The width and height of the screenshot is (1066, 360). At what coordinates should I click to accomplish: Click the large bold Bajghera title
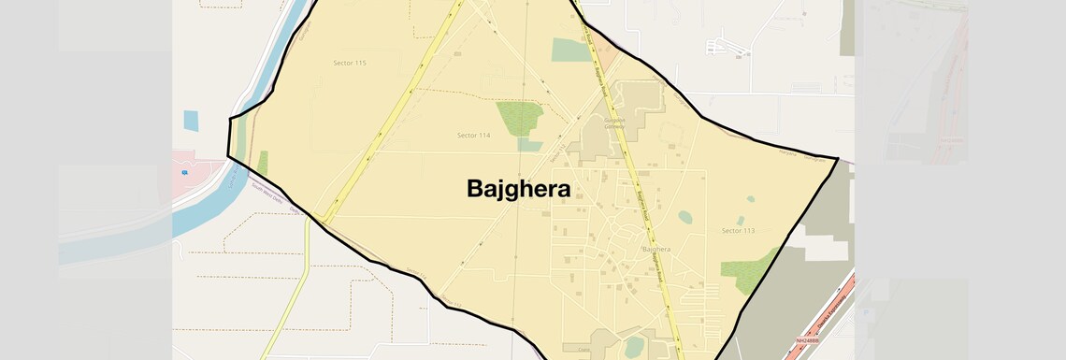point(518,188)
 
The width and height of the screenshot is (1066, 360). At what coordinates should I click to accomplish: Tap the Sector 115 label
point(349,63)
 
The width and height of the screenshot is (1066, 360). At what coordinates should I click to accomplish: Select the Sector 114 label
point(473,136)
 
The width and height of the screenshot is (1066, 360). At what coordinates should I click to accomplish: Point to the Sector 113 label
point(738,230)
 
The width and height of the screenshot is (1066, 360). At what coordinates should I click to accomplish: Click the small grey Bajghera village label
point(656,250)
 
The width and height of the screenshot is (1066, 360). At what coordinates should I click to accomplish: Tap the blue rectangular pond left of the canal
point(191,121)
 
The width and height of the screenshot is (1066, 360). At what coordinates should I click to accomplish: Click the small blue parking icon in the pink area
point(185,173)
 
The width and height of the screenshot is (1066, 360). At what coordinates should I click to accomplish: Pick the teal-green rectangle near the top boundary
point(569,50)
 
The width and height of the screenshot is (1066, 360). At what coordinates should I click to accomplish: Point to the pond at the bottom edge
point(635,346)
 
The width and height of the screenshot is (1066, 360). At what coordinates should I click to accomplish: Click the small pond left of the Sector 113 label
point(685,217)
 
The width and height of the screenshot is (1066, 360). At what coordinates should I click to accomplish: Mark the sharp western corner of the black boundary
point(229,157)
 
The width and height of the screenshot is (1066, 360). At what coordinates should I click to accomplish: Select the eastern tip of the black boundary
point(837,158)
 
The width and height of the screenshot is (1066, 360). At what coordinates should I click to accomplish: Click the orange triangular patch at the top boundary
point(606,52)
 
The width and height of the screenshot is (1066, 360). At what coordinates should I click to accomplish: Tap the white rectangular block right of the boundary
point(824,249)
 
